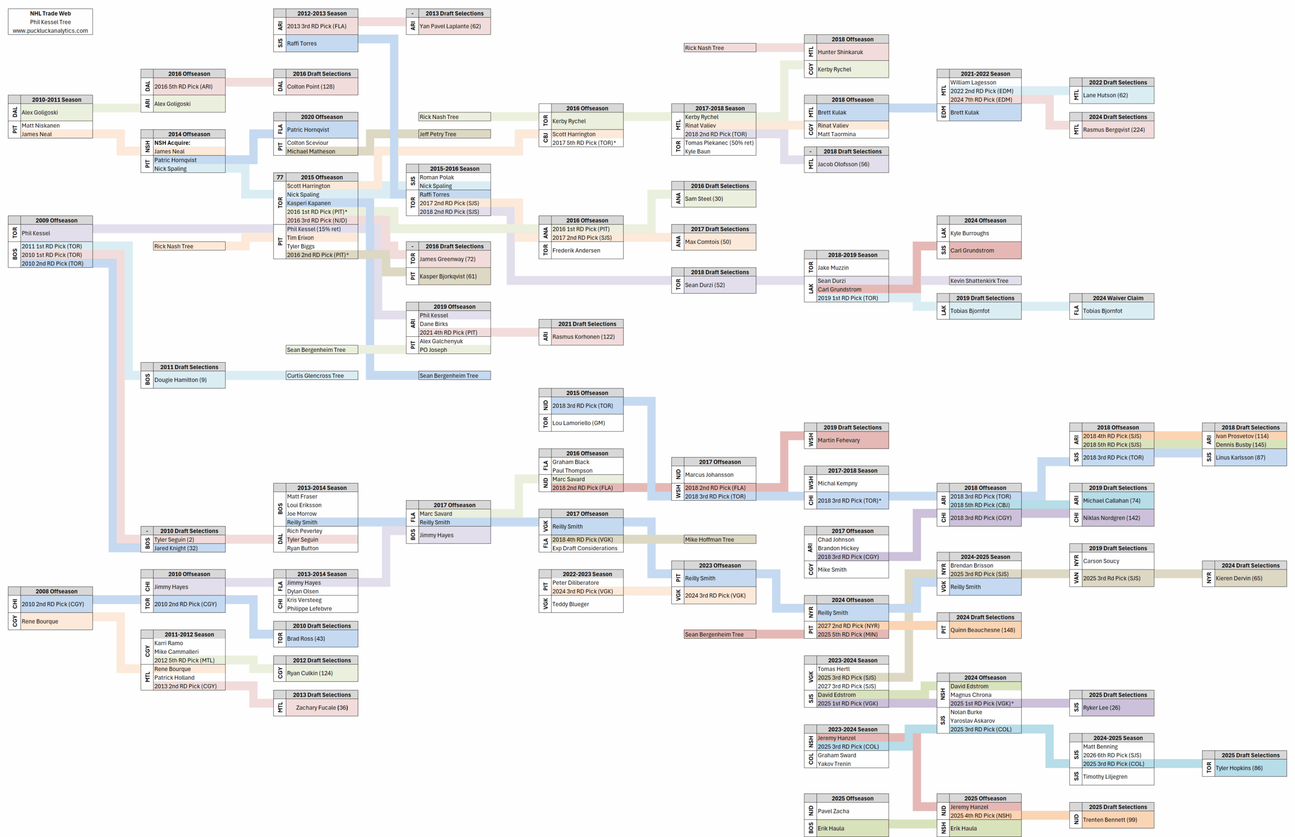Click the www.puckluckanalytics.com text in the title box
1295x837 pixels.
click(50, 31)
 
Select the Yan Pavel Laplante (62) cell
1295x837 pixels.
click(450, 26)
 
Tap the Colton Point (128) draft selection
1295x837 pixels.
click(311, 86)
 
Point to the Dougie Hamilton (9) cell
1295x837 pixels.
click(180, 380)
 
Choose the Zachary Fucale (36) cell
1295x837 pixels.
click(321, 708)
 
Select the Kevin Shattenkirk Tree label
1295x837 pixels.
click(979, 281)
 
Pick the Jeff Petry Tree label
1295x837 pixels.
click(438, 134)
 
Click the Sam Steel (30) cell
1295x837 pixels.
click(704, 199)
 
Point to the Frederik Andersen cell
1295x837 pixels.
click(576, 250)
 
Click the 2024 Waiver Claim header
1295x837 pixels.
click(1117, 298)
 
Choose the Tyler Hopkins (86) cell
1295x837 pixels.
click(1238, 768)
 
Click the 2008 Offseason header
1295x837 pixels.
click(56, 591)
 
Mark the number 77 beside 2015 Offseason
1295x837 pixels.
click(279, 177)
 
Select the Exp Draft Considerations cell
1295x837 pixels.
click(584, 548)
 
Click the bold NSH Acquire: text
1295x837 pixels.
click(172, 143)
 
